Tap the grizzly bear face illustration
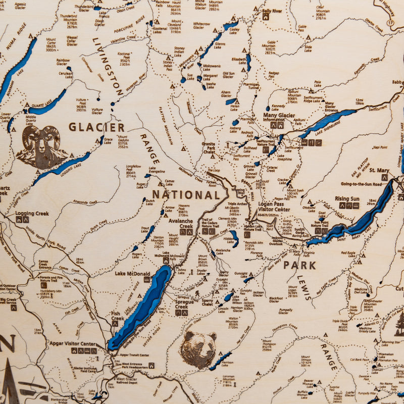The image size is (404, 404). pos(198,348)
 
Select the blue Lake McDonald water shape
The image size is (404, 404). pos(141,308)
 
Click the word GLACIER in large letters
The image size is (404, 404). pos(96,127)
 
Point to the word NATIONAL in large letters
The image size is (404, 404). pos(186,195)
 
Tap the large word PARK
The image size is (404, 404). pos(299,265)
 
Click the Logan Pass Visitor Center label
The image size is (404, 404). pos(274,208)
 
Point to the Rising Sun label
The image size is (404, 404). pos(347,199)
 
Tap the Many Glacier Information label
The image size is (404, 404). pos(281,117)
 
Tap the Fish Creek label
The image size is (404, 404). pos(117,316)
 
